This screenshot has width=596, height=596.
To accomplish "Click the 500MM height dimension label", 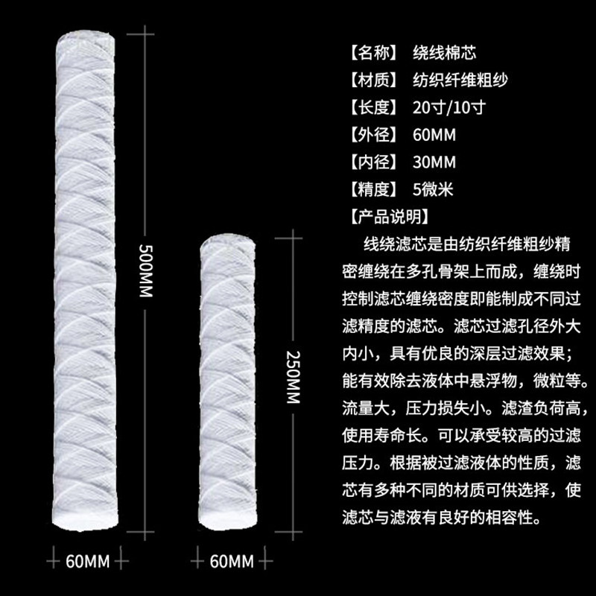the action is tap(146, 269).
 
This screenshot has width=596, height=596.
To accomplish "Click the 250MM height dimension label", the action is tap(292, 377).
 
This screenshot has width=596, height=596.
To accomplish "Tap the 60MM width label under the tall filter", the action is tap(88, 559).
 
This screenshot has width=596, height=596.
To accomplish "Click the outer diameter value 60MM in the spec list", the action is tap(434, 135).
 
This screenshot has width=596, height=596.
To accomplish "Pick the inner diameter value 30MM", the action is tap(434, 162).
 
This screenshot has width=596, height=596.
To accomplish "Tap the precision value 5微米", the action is tap(433, 189).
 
